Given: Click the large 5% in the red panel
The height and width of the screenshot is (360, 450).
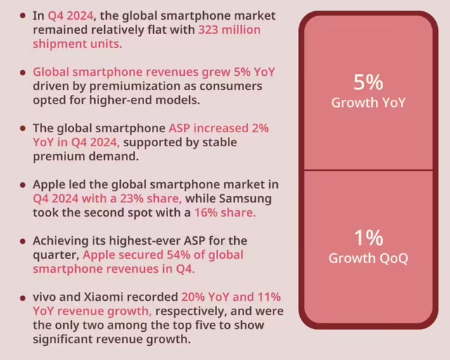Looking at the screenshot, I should [x=368, y=83].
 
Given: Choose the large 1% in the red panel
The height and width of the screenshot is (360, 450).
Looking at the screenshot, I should [x=368, y=237].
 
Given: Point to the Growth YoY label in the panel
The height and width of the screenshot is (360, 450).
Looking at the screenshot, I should [x=368, y=103].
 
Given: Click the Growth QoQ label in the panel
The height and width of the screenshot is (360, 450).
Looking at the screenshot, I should [x=368, y=258].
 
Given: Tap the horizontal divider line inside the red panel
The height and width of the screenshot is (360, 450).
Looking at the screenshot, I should [x=368, y=170].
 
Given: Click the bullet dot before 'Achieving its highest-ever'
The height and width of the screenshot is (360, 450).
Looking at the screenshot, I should [x=24, y=241].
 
